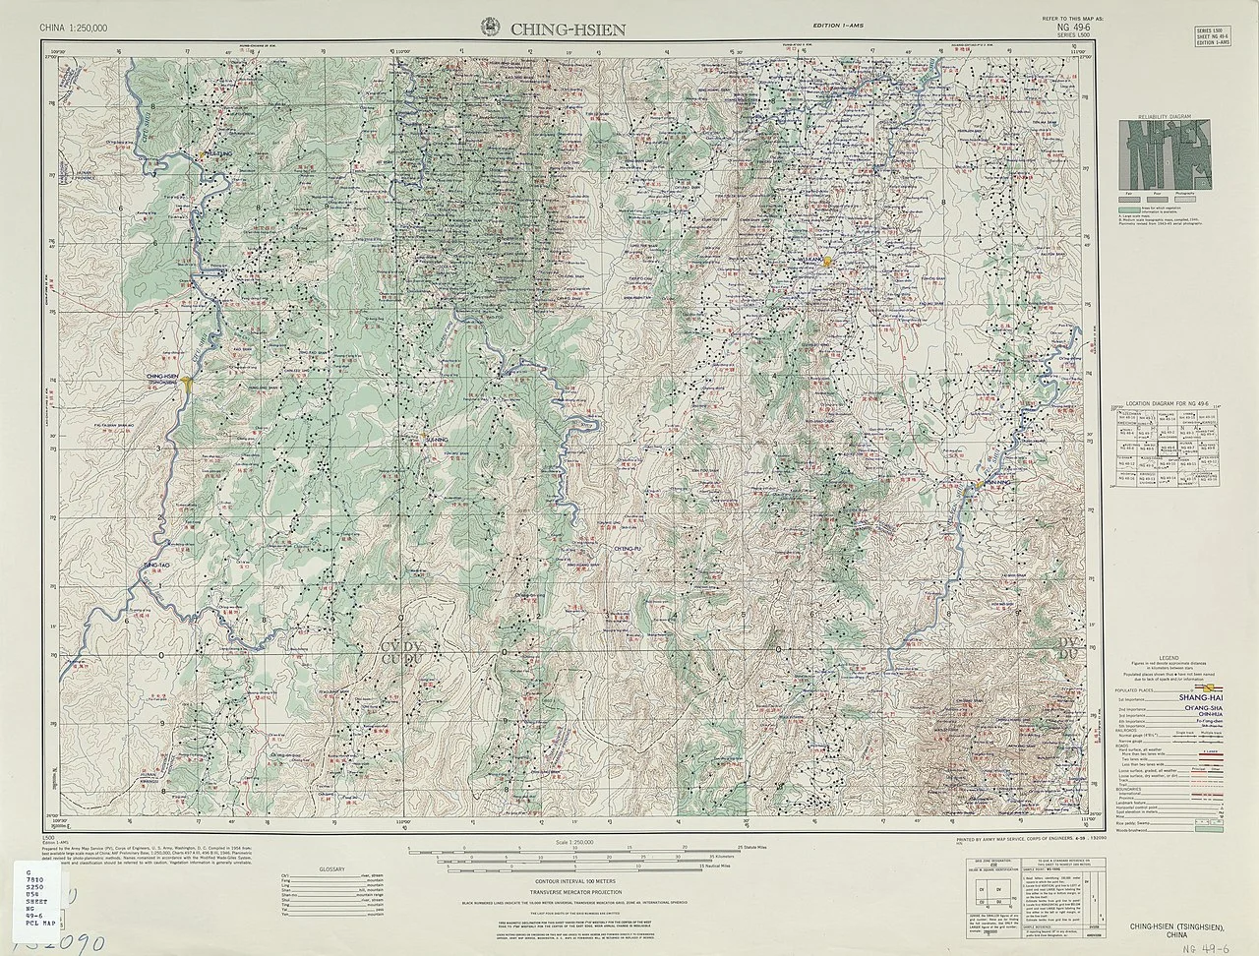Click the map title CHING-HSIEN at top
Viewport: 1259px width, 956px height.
point(567,29)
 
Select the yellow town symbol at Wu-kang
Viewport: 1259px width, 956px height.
point(828,262)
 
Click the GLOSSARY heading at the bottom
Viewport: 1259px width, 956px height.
point(333,869)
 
